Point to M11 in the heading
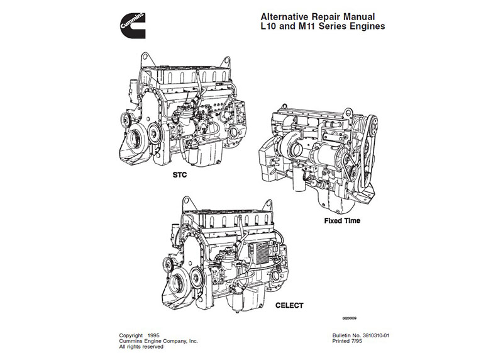point(307,28)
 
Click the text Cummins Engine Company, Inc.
point(158,340)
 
